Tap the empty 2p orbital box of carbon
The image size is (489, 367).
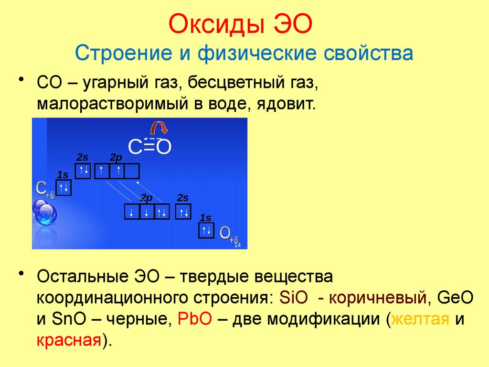(x=132, y=171)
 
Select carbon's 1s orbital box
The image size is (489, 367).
(x=64, y=187)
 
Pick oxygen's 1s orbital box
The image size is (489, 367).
(x=206, y=230)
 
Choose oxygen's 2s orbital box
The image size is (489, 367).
(x=183, y=212)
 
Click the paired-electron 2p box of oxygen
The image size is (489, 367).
(x=161, y=212)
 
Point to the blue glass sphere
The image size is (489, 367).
(x=44, y=213)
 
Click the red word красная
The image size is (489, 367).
(x=70, y=341)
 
